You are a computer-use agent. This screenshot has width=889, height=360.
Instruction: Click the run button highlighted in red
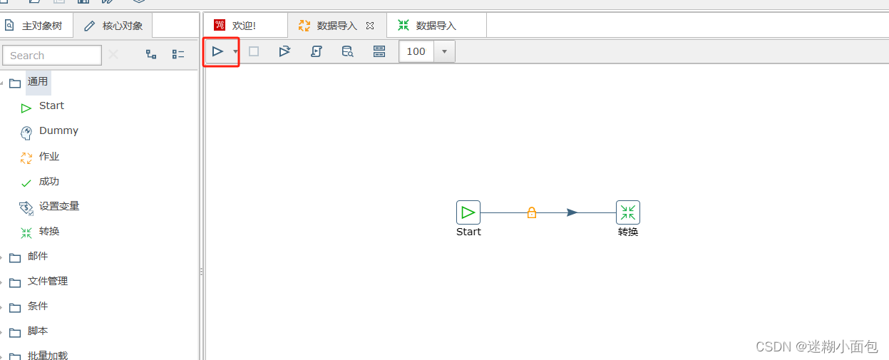click(217, 51)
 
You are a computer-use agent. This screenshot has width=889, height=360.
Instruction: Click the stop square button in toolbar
click(254, 51)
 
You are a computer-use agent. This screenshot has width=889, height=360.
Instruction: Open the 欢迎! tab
click(244, 26)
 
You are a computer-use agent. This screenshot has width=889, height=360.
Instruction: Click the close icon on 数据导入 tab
click(370, 26)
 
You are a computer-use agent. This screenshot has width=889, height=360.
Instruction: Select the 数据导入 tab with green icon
click(436, 26)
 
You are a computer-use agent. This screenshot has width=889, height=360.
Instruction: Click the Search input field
click(52, 55)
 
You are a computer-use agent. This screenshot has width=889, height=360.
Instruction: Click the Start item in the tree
click(51, 106)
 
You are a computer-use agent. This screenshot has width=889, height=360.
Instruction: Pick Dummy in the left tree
click(58, 130)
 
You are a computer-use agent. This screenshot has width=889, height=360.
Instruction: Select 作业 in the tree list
click(48, 156)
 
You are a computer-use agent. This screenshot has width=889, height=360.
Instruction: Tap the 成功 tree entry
click(48, 181)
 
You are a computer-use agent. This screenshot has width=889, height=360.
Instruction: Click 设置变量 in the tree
click(59, 206)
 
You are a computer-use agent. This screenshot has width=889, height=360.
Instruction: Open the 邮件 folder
click(38, 256)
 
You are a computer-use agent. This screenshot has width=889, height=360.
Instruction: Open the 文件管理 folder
click(48, 281)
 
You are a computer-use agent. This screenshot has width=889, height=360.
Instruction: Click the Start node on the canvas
click(468, 212)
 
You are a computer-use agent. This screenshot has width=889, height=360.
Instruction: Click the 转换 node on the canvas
click(628, 212)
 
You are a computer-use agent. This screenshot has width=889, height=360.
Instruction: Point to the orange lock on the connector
click(532, 212)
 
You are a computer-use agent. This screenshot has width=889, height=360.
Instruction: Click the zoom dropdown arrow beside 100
click(445, 51)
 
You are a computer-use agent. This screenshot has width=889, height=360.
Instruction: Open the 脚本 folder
click(38, 331)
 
